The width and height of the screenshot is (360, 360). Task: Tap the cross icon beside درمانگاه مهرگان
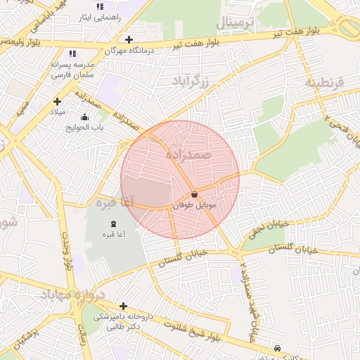tap(129, 39)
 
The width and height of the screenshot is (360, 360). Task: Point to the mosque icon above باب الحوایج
tap(85, 117)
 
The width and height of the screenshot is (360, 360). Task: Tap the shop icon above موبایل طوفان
tap(194, 194)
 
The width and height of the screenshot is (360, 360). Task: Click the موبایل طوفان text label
tap(194, 205)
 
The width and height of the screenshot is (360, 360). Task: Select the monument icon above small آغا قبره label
tap(114, 224)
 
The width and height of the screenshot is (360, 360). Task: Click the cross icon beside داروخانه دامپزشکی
tap(124, 306)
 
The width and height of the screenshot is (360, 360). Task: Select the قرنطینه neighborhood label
tap(324, 83)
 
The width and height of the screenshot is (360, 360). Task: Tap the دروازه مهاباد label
tap(63, 294)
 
